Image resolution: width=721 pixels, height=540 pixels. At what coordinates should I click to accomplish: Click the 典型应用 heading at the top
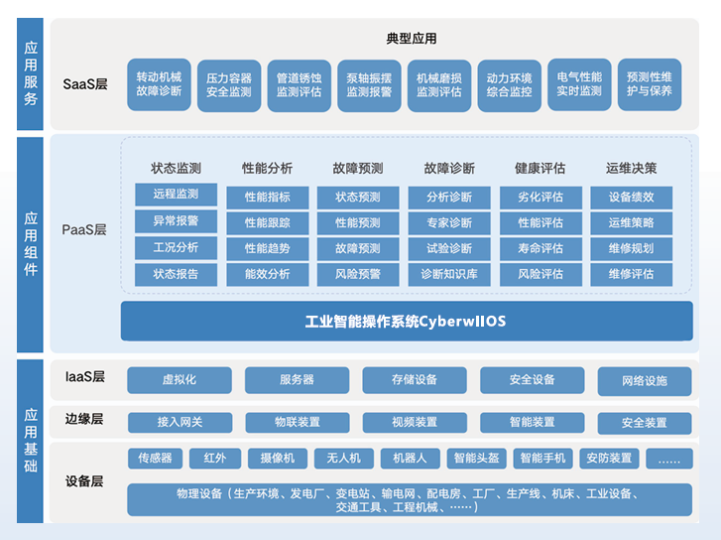pos(412,39)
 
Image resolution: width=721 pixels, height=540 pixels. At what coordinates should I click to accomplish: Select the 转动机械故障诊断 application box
pos(160,84)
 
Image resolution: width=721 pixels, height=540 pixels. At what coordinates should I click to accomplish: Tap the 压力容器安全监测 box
pos(229,84)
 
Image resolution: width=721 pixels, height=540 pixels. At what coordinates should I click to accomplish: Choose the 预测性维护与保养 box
pos(650,84)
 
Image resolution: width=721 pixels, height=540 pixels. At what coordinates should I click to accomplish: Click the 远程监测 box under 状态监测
pos(176,195)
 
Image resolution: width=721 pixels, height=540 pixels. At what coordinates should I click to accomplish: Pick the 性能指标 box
pos(267,197)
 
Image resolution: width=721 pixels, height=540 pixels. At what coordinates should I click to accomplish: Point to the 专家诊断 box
pos(449,222)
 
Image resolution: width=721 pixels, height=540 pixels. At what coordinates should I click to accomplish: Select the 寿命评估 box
pos(541,248)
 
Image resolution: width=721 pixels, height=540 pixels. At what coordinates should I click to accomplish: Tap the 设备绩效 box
pos(632,197)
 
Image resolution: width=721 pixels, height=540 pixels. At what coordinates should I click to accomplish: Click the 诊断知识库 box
pos(449,274)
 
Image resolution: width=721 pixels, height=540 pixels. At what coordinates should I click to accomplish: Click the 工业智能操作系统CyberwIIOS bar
pos(405,322)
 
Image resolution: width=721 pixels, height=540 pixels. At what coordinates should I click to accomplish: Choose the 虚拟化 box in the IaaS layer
pos(179,379)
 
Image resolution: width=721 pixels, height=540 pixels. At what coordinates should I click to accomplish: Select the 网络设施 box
pos(645,381)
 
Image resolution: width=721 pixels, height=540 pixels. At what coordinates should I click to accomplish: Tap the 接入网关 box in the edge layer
pos(179,422)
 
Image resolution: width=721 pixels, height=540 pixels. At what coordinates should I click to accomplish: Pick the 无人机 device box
pos(343,458)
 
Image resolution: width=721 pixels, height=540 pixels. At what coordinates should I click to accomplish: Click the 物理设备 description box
pos(409,499)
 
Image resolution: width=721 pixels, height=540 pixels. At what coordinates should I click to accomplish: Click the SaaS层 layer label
pos(84,84)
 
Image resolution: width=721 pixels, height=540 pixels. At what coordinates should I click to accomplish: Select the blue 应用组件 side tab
pos(31,243)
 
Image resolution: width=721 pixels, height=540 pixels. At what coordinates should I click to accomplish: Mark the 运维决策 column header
pos(632,168)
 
